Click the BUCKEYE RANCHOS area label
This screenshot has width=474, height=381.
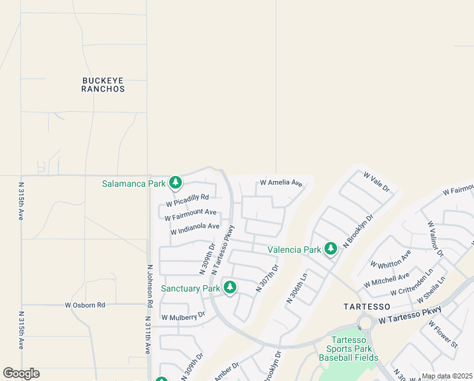[x=103, y=84]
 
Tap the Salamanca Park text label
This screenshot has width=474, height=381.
[x=134, y=184]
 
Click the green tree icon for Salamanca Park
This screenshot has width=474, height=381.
[x=176, y=184]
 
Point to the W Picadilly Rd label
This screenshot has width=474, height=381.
[x=187, y=201]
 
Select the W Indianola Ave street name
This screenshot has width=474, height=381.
[x=195, y=229]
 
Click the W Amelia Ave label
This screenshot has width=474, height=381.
[x=281, y=183]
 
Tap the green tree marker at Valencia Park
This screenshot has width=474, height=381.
[x=330, y=249]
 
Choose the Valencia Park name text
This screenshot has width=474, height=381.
[x=294, y=250]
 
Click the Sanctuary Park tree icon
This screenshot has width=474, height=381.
[x=229, y=288]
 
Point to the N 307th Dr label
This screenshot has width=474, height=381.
[x=267, y=278]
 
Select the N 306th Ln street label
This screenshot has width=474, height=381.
[x=297, y=288]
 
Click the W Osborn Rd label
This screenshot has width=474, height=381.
[x=85, y=305]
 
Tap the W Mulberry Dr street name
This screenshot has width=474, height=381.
[x=183, y=316]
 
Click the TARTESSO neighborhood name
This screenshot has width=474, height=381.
[x=366, y=306]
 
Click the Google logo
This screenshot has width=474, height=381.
[x=21, y=373]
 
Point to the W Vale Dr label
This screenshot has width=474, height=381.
[x=376, y=182]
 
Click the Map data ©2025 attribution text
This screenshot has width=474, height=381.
[x=447, y=376]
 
